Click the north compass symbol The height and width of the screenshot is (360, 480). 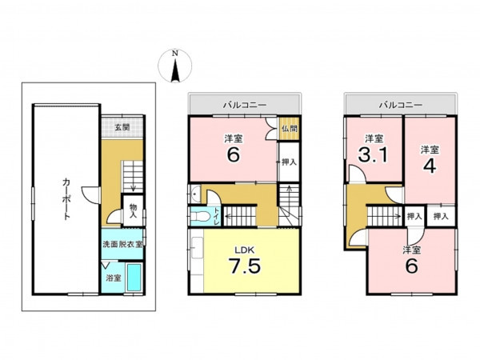174,66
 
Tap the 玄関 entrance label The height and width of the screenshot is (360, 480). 122,127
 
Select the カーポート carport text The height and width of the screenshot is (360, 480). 66,198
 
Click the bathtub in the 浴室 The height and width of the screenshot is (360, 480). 134,277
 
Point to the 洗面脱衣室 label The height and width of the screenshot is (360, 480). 122,244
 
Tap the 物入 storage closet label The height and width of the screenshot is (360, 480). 133,211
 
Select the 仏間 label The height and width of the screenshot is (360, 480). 289,128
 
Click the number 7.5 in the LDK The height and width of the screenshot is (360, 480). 245,266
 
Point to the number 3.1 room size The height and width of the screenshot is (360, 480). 373,154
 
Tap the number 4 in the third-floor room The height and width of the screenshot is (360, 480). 430,166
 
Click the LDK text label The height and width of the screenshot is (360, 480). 245,250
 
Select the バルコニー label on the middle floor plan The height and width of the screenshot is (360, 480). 245,105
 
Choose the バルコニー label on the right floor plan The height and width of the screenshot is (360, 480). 401,105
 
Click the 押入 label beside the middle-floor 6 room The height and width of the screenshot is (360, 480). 289,162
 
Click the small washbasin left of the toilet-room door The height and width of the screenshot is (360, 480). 195,194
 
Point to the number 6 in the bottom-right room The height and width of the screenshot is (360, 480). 411,266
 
